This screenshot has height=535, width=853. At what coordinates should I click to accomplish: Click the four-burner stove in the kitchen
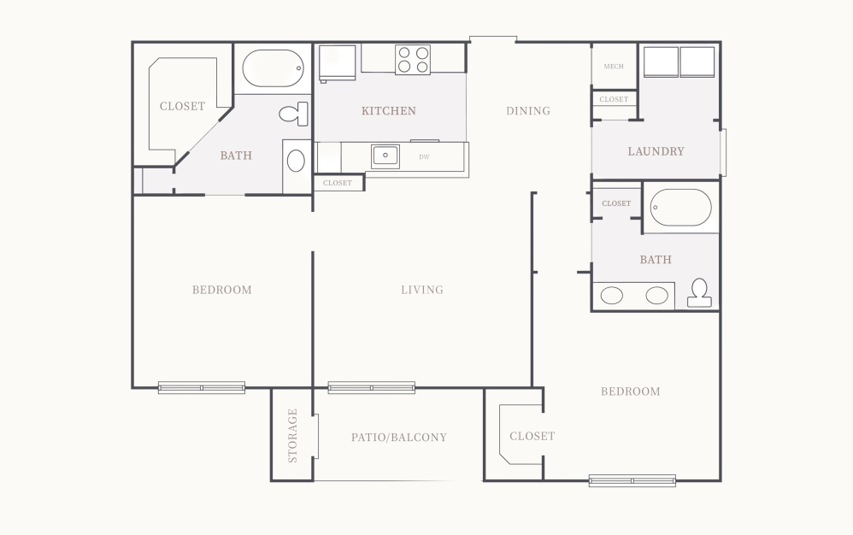[413, 60]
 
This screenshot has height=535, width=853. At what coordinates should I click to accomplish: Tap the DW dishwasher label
[424, 157]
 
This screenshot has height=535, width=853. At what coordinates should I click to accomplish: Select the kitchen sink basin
[385, 156]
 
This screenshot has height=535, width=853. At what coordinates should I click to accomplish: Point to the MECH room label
[614, 67]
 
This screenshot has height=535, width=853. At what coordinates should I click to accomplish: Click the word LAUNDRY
[656, 151]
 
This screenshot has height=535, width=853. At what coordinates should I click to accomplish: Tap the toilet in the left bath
[295, 113]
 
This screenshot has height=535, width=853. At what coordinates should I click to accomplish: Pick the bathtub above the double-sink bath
[680, 207]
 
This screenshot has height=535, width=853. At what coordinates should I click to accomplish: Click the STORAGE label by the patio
[292, 435]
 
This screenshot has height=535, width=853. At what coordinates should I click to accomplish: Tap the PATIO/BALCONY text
[398, 438]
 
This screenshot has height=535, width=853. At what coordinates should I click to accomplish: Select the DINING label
[527, 111]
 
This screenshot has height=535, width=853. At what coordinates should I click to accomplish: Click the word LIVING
[422, 290]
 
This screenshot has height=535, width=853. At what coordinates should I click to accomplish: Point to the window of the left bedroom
[202, 387]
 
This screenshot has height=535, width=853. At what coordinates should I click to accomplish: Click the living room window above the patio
[371, 387]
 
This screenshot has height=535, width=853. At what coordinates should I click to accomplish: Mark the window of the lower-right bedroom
[632, 480]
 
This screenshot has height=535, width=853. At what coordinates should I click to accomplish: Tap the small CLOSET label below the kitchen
[338, 183]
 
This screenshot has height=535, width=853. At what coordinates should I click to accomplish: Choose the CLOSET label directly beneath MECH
[614, 99]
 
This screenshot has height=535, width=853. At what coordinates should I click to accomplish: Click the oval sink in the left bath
[295, 161]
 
